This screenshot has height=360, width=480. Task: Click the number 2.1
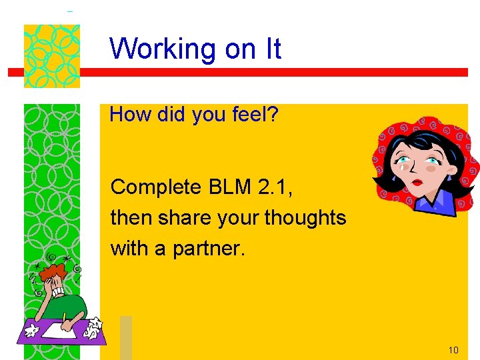pyautogui.click(x=275, y=187)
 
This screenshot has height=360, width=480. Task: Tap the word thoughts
pyautogui.click(x=305, y=218)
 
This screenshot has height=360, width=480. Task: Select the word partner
pyautogui.click(x=209, y=249)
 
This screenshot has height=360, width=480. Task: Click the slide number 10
pyautogui.click(x=453, y=350)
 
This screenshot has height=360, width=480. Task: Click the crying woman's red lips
pyautogui.click(x=417, y=181)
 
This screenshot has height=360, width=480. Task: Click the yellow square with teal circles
pyautogui.click(x=51, y=56)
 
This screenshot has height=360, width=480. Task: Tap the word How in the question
pyautogui.click(x=127, y=115)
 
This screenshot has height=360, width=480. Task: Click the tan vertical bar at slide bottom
pyautogui.click(x=126, y=337)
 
